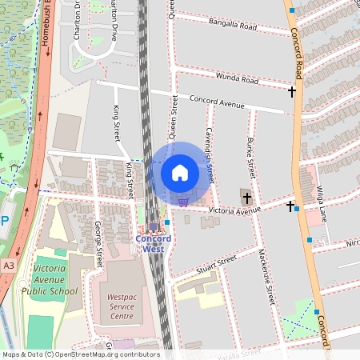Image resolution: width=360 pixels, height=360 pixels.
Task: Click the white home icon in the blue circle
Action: point(180,173)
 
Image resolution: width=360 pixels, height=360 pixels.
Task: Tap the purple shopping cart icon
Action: point(183,202)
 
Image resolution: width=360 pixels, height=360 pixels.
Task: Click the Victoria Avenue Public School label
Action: point(56,281)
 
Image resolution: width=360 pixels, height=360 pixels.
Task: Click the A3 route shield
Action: point(8,265)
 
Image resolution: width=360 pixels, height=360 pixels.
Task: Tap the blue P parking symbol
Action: point(4,222)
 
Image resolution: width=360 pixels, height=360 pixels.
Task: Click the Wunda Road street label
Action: point(238,78)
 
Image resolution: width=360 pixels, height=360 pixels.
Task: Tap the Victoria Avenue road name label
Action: point(234,210)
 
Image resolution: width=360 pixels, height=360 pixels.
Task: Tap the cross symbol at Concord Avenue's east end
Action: point(292,92)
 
